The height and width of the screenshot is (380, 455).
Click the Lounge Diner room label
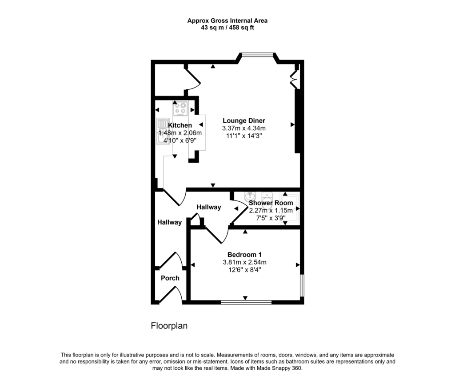click(243, 120)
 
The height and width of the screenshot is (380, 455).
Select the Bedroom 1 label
click(244, 254)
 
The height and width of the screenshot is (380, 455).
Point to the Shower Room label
click(271, 203)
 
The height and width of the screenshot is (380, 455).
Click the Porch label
click(170, 278)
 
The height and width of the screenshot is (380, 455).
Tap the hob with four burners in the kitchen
click(181, 108)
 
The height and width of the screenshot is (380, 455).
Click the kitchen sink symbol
click(161, 132)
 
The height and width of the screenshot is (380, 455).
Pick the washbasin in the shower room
click(250, 196)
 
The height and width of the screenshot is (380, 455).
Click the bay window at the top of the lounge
click(258, 55)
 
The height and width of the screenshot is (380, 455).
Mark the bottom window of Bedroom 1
click(246, 302)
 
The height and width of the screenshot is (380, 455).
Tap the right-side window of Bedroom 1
click(302, 284)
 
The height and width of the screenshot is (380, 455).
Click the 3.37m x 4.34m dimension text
click(243, 128)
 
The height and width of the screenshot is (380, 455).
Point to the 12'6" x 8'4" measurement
click(244, 270)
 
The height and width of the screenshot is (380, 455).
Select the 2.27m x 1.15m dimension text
click(271, 210)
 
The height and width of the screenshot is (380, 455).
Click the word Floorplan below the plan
click(169, 326)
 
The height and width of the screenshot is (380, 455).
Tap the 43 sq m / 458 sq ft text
click(227, 28)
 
